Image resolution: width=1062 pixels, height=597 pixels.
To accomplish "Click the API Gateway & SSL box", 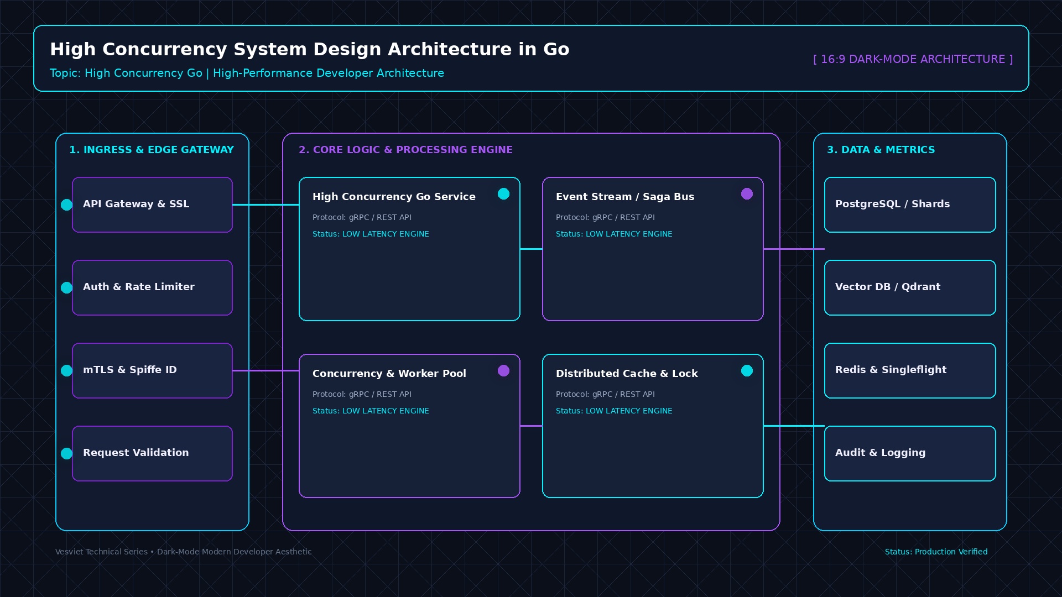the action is (x=152, y=205).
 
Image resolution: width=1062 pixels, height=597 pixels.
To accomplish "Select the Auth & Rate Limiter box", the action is (x=152, y=287).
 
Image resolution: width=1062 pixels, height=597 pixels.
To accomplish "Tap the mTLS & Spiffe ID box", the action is (x=152, y=370).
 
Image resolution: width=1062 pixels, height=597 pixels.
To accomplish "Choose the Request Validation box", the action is (x=152, y=453).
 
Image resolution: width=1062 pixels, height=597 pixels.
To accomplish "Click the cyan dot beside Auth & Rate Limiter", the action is (x=66, y=287).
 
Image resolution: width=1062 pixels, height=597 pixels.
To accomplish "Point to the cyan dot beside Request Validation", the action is (x=66, y=453).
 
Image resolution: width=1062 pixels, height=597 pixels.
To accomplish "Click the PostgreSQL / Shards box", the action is (x=910, y=205).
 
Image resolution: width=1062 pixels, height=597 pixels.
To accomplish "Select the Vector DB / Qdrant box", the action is (x=910, y=287).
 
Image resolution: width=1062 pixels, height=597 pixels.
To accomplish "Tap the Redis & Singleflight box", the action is (x=910, y=370).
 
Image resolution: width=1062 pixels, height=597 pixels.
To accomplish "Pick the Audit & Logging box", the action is (x=910, y=453).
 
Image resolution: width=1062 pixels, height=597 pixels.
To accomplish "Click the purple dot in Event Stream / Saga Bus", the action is (x=747, y=193).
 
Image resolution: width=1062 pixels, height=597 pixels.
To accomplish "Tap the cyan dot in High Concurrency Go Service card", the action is (x=503, y=193).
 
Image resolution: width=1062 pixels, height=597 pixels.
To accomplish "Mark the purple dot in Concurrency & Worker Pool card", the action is (x=503, y=370).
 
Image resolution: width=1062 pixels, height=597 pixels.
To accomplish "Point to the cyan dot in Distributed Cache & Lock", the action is (x=747, y=370).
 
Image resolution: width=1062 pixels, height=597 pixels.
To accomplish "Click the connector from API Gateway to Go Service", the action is (x=265, y=205).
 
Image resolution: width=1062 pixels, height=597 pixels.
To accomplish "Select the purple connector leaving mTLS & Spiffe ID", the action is (x=265, y=370).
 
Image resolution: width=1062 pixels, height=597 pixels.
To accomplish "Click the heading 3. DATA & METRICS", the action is (x=881, y=150).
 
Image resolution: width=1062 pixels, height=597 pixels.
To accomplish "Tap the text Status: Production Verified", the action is (x=936, y=552).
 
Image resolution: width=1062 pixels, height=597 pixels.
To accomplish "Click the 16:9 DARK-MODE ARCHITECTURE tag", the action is (x=913, y=59).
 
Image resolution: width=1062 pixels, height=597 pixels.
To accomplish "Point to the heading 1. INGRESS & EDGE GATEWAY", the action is (x=152, y=150).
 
